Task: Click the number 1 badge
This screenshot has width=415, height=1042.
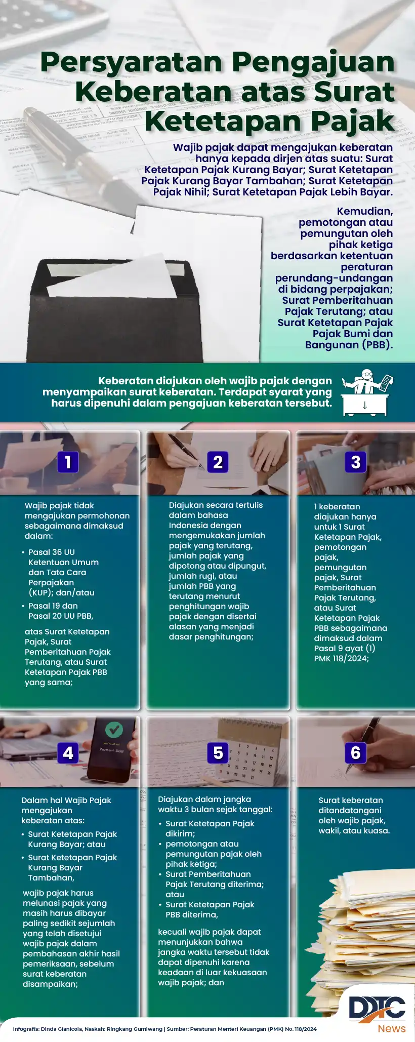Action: tap(68, 462)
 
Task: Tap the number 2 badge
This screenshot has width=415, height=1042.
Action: tap(218, 462)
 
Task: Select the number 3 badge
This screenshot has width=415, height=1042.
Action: tap(355, 462)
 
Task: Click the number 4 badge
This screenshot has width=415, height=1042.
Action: tap(68, 753)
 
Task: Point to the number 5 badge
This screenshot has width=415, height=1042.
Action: tap(218, 753)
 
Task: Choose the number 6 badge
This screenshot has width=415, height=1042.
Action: tap(355, 753)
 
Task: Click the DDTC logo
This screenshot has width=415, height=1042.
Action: tap(377, 1008)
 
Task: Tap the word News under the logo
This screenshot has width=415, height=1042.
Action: tap(391, 1028)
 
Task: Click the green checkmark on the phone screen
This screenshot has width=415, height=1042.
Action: tap(114, 730)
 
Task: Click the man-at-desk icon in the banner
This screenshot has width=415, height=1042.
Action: tap(366, 392)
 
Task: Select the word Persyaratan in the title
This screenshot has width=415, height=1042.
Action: tap(132, 63)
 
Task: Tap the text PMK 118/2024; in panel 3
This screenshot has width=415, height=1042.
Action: tap(341, 658)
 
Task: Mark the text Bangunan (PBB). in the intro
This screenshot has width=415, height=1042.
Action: tap(349, 345)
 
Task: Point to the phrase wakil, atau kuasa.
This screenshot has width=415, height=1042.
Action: tap(354, 830)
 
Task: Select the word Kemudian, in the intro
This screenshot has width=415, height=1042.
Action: tap(364, 211)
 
